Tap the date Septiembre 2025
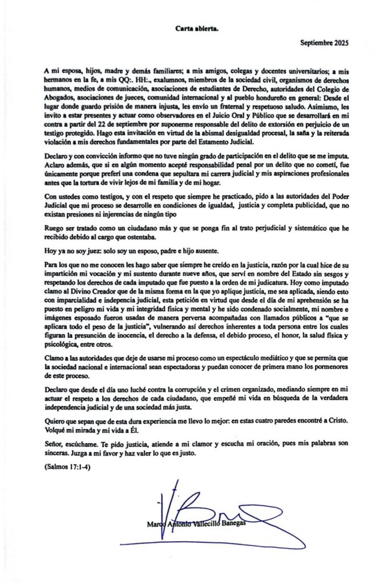tap(324, 43)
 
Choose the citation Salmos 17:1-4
tap(66, 468)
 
